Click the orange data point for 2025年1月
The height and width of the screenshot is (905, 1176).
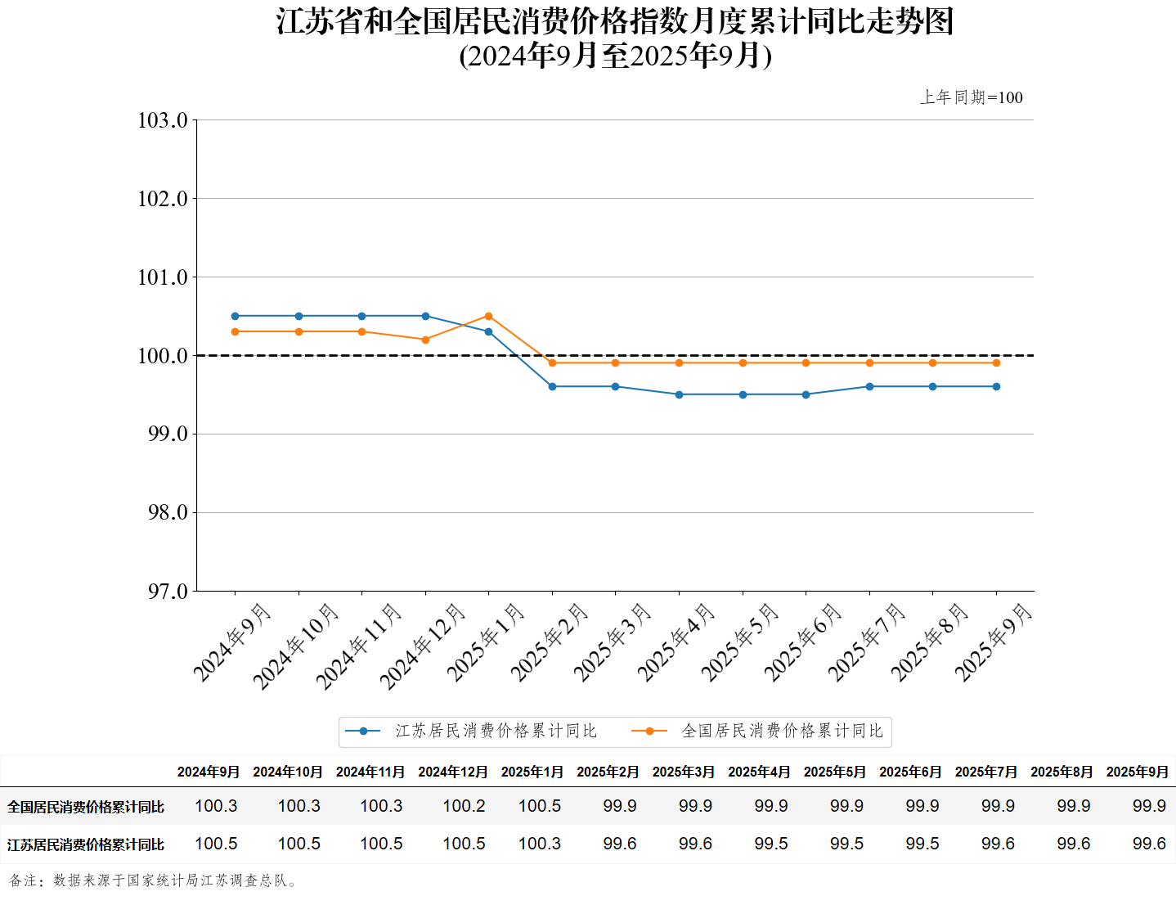click(x=489, y=316)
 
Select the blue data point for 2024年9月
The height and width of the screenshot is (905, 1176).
click(x=236, y=316)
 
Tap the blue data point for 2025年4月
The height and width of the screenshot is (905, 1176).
click(x=679, y=394)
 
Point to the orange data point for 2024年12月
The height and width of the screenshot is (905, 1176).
click(x=425, y=340)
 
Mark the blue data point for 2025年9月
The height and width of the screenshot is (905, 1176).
click(x=996, y=386)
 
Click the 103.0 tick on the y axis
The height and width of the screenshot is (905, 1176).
click(x=163, y=120)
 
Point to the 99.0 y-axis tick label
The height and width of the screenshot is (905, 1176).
click(x=168, y=434)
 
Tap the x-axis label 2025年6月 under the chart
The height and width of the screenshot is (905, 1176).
click(x=802, y=643)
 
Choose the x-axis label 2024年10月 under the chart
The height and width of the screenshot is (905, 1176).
click(x=295, y=646)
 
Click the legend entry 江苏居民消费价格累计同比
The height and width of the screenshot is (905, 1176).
click(x=496, y=731)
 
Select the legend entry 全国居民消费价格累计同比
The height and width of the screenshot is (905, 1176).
click(x=782, y=731)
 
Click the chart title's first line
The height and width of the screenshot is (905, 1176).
click(x=615, y=21)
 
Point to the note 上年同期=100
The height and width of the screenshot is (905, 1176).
click(x=972, y=97)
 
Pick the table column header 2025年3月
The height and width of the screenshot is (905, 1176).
click(x=683, y=772)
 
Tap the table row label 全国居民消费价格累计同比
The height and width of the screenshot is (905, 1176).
click(x=86, y=807)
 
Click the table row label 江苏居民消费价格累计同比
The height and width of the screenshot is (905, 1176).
click(x=86, y=844)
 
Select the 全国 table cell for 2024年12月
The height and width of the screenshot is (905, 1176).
click(x=464, y=806)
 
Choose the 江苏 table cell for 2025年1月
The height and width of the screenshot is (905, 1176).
click(x=540, y=844)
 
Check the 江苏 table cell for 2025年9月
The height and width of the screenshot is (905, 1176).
click(x=1149, y=844)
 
